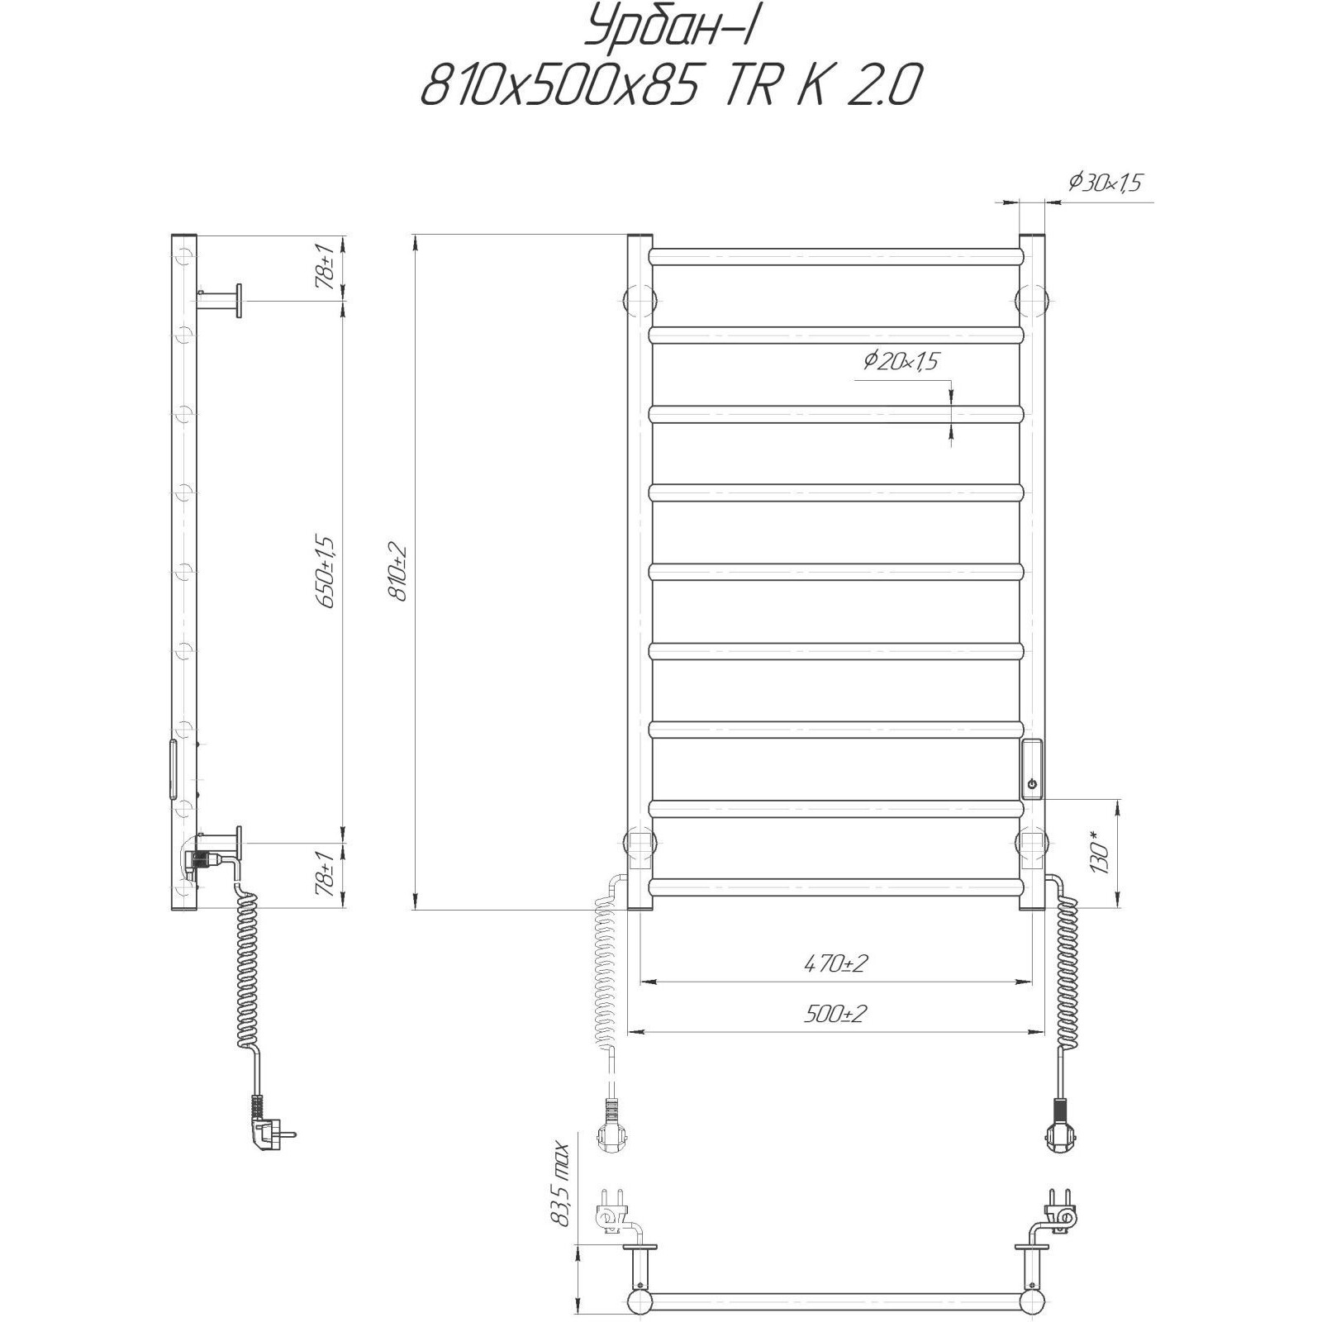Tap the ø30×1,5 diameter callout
(x=1106, y=183)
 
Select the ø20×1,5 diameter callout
(x=901, y=361)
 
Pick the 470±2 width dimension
(x=835, y=963)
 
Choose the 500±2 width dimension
(x=835, y=1013)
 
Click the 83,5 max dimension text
(x=564, y=1195)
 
